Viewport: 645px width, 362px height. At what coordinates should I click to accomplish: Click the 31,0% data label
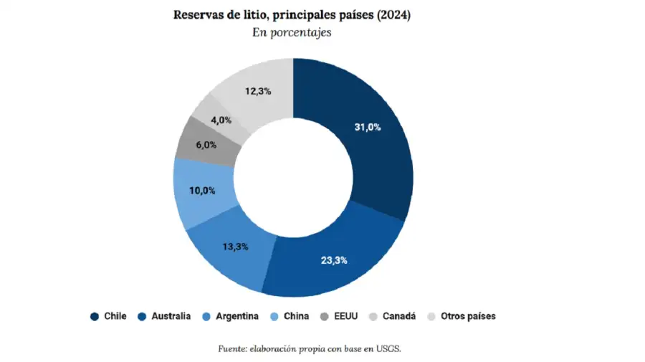click(x=368, y=128)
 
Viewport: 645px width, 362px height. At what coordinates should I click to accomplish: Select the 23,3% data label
click(x=334, y=260)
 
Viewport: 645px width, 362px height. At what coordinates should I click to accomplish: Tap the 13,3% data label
click(x=235, y=247)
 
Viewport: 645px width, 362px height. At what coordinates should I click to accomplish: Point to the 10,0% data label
click(x=202, y=190)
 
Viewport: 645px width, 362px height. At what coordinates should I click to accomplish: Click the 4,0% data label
click(x=221, y=120)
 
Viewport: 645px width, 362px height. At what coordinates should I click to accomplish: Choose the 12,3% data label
click(x=257, y=91)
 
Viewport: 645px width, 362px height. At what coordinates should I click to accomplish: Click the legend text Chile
click(x=115, y=316)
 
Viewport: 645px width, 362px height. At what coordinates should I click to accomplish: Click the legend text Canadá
click(x=399, y=316)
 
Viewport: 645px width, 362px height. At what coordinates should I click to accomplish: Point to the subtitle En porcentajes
click(x=292, y=34)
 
